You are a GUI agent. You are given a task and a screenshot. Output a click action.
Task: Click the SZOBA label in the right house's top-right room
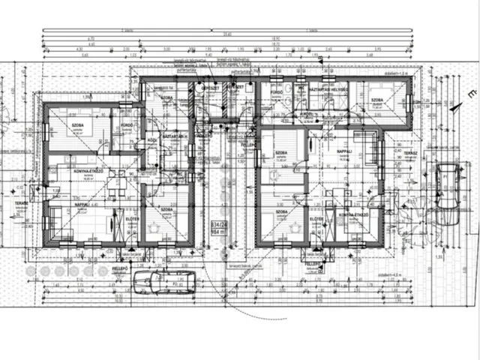[x=376, y=100]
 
